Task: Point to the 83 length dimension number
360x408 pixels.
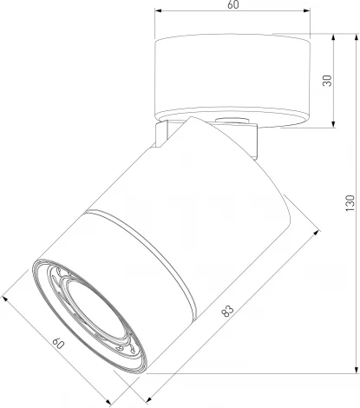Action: click(228, 309)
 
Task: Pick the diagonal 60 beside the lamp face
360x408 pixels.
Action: click(57, 346)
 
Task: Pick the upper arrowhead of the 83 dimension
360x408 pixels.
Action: click(298, 231)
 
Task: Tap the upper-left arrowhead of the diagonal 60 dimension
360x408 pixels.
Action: click(6, 298)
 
